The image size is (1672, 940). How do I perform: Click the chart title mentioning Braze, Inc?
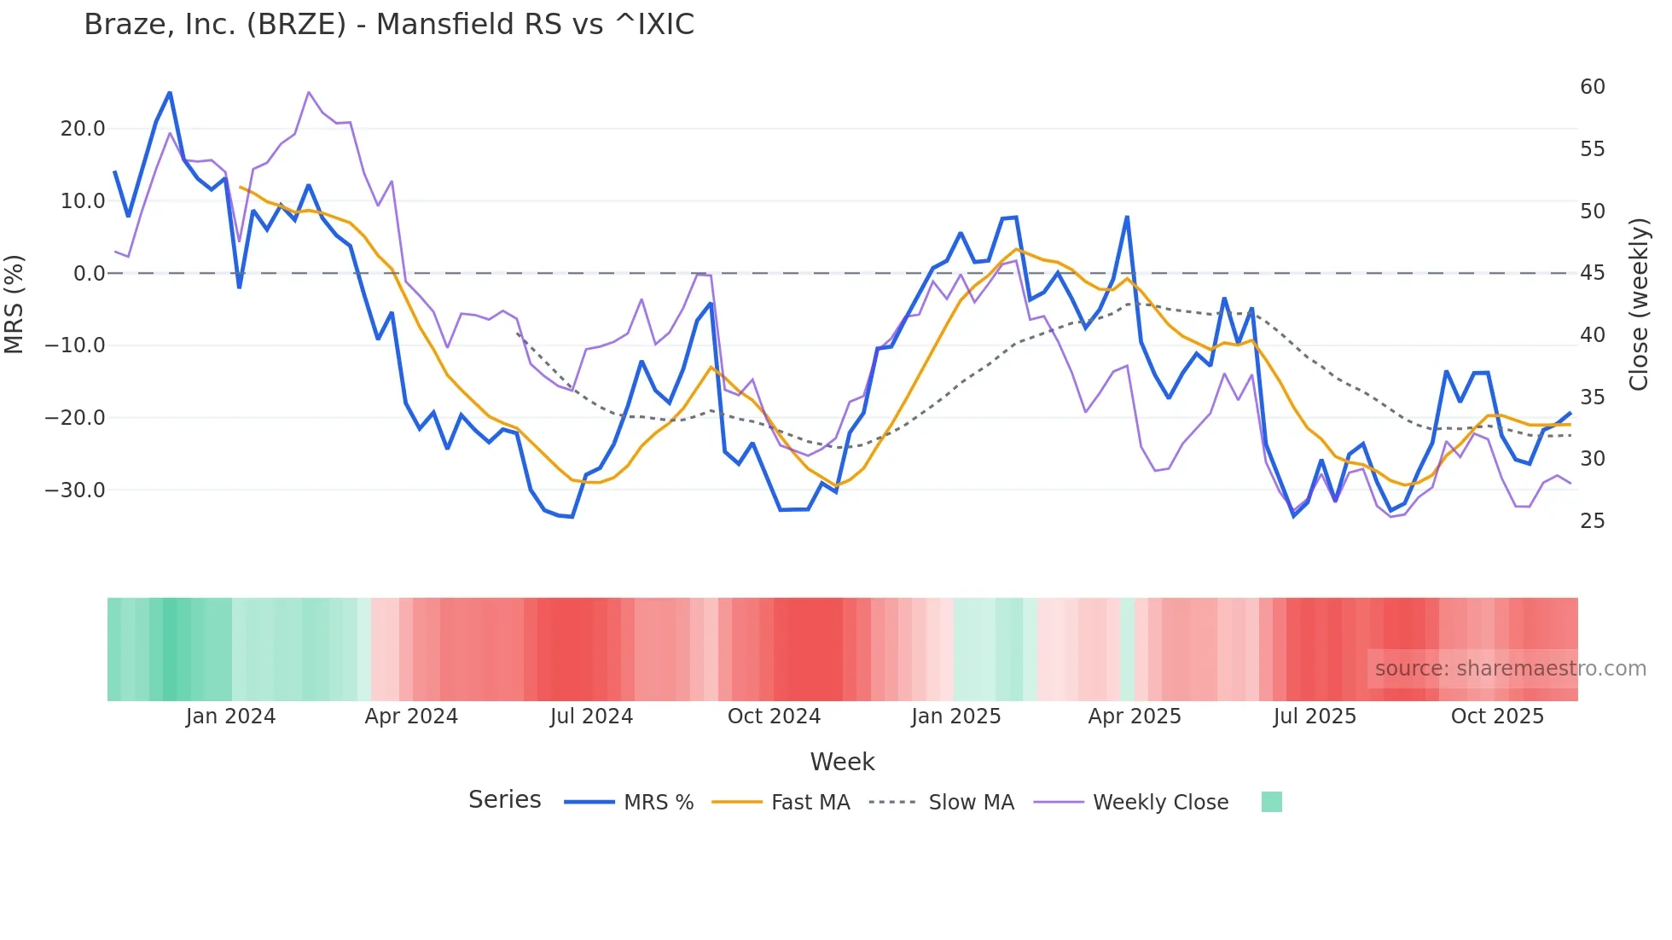point(389,25)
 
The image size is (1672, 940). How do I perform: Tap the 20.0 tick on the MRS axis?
point(83,129)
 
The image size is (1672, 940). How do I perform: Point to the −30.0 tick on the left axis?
point(75,490)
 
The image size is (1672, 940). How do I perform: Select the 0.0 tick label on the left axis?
point(89,274)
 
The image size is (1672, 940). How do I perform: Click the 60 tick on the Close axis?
point(1592,87)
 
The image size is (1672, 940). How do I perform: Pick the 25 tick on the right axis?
point(1592,521)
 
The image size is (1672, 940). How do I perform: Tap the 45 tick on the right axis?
point(1592,273)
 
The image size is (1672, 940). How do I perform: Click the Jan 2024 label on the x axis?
point(230,717)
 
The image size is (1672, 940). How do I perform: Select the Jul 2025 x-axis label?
point(1315,717)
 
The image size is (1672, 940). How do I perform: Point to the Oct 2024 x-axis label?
point(774,717)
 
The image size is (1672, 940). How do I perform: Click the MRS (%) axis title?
point(15,305)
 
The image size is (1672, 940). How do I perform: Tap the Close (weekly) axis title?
point(1639,305)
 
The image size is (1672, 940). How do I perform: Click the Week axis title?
point(842,762)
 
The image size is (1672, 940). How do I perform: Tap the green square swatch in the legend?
point(1271,802)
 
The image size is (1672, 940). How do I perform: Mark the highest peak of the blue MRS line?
point(170,93)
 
